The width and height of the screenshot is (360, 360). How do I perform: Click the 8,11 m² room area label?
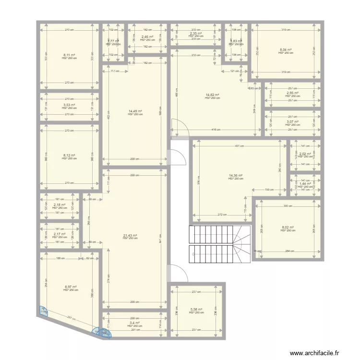point(69,55)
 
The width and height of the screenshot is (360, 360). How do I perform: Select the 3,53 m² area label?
point(69,104)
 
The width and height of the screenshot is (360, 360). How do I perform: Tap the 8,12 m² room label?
point(69,155)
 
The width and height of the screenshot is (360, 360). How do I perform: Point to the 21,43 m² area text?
point(130,235)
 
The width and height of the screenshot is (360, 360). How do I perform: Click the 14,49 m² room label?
point(135,111)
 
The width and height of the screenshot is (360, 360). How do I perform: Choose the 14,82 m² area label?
point(212,95)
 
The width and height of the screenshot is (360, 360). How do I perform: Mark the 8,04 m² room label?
point(285,50)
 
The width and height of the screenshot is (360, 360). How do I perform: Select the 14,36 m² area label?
point(236,176)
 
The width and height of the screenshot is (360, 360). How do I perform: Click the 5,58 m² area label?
point(196,310)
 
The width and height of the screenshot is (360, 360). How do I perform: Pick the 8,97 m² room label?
point(71,287)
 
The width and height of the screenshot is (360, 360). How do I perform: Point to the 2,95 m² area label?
point(293,93)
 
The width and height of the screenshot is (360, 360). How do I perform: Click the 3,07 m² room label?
point(293,122)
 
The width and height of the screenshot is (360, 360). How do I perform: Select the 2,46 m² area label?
point(147,37)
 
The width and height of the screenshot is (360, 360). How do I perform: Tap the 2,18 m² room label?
point(59,205)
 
